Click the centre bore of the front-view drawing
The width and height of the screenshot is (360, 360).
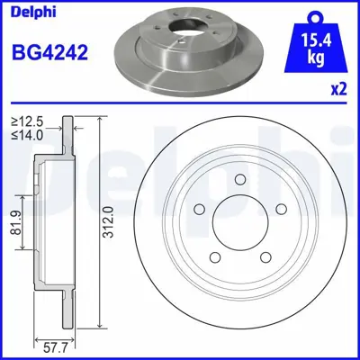click(x=242, y=220)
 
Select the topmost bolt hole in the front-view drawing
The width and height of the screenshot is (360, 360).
click(x=242, y=178)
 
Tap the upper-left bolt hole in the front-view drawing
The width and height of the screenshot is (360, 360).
click(x=202, y=208)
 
